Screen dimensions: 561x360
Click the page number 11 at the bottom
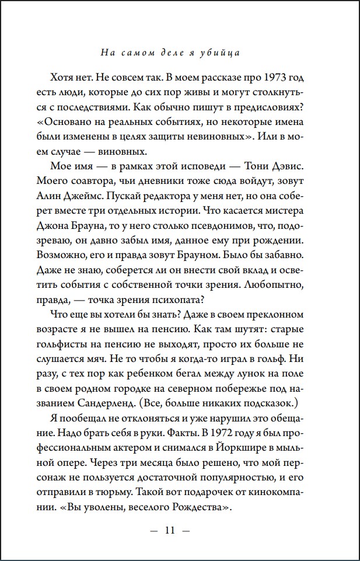click(x=170, y=531)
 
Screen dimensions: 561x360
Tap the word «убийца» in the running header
click(x=223, y=53)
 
